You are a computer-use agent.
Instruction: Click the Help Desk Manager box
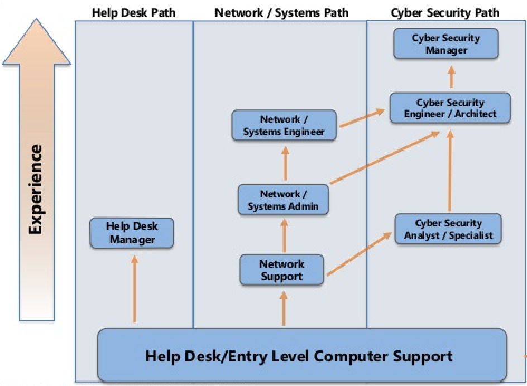click(x=132, y=233)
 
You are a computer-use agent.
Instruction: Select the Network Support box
click(x=282, y=270)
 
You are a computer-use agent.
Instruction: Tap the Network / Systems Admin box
click(x=284, y=200)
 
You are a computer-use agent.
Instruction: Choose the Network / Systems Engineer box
click(x=284, y=126)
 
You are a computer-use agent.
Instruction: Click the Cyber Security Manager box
click(x=446, y=44)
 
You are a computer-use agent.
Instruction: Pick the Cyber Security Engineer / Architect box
click(x=451, y=108)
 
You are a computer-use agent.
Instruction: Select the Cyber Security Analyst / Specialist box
click(x=448, y=229)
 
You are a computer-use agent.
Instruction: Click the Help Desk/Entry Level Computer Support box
click(x=302, y=355)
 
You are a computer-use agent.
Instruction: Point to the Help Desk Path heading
click(x=134, y=13)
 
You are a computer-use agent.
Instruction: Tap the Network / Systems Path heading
click(x=282, y=13)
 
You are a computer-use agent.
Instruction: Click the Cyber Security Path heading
click(x=444, y=13)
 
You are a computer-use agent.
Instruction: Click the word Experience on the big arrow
click(x=36, y=190)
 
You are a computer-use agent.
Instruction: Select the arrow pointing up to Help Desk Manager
click(x=135, y=289)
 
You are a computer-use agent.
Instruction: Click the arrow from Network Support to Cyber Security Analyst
click(x=360, y=254)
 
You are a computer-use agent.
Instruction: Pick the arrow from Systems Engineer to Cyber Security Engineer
click(x=362, y=118)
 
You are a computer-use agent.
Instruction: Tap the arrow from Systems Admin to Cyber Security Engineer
click(x=385, y=157)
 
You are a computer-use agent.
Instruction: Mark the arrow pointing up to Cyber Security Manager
click(x=452, y=77)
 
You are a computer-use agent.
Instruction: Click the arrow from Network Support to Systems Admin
click(x=284, y=235)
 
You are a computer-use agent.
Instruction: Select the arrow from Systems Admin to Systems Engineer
click(x=285, y=163)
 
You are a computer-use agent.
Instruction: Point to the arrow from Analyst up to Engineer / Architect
click(x=450, y=171)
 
